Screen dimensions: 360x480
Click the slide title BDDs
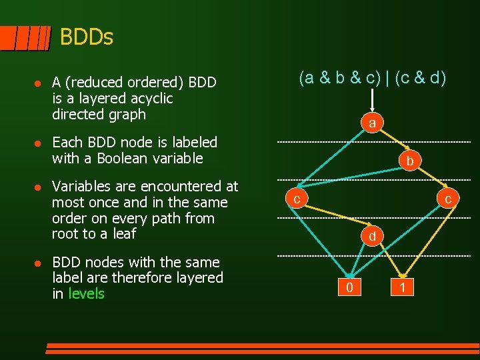(x=87, y=37)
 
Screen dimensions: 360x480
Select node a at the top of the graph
(x=373, y=123)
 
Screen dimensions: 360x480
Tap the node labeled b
(x=410, y=161)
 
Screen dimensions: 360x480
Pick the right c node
(x=448, y=199)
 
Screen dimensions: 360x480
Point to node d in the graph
(x=373, y=236)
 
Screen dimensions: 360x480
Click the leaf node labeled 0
(x=350, y=287)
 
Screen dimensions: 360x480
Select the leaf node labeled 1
(x=402, y=287)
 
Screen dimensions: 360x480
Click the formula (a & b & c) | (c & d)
(x=373, y=78)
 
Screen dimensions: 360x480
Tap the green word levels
(x=87, y=294)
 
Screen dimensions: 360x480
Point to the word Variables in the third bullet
(x=80, y=186)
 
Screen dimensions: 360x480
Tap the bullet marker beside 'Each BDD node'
(x=38, y=143)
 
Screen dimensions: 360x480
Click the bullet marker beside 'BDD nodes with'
(x=38, y=263)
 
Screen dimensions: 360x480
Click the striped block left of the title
(x=25, y=39)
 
